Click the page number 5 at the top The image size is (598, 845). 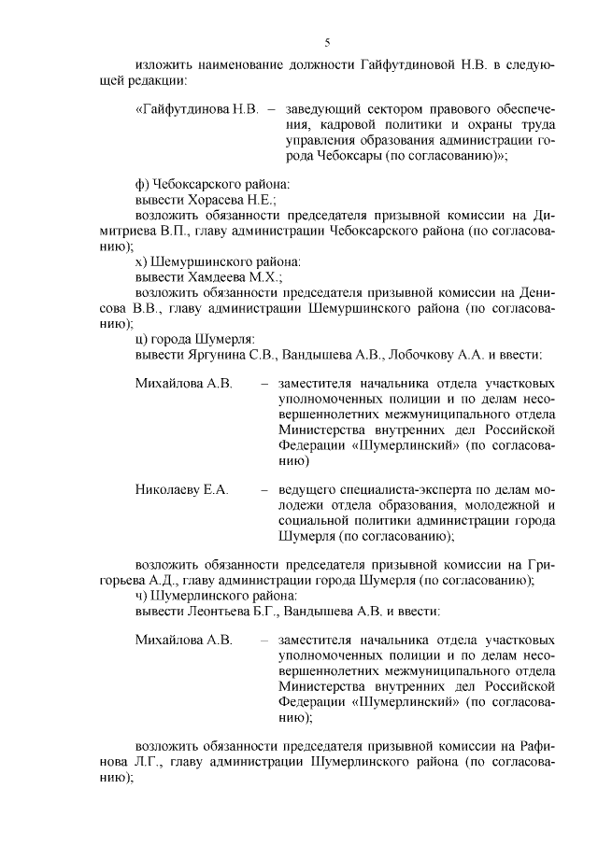[326, 41]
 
